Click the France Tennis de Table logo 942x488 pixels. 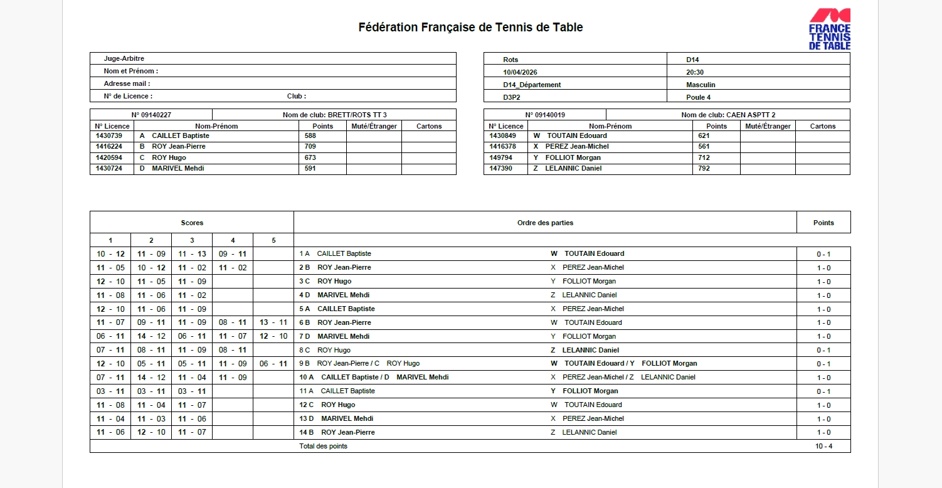[x=829, y=29]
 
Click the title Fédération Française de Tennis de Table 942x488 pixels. [x=470, y=28]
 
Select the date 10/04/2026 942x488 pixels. [x=520, y=72]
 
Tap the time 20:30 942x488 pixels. [x=695, y=72]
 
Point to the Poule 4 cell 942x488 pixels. [x=698, y=97]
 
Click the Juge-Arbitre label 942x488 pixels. [x=124, y=59]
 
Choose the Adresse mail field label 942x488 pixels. [x=127, y=84]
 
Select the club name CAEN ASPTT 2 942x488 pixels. [x=751, y=115]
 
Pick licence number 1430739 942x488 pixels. [x=109, y=135]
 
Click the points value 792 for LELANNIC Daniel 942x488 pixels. [x=704, y=169]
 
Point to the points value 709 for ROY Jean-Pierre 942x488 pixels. [x=310, y=147]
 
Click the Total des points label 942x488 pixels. [x=323, y=446]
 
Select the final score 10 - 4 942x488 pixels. [x=823, y=446]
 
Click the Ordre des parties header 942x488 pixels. [x=545, y=223]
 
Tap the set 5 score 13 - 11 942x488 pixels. [x=273, y=322]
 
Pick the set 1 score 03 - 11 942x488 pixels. [x=110, y=391]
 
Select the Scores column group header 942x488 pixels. [x=192, y=223]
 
